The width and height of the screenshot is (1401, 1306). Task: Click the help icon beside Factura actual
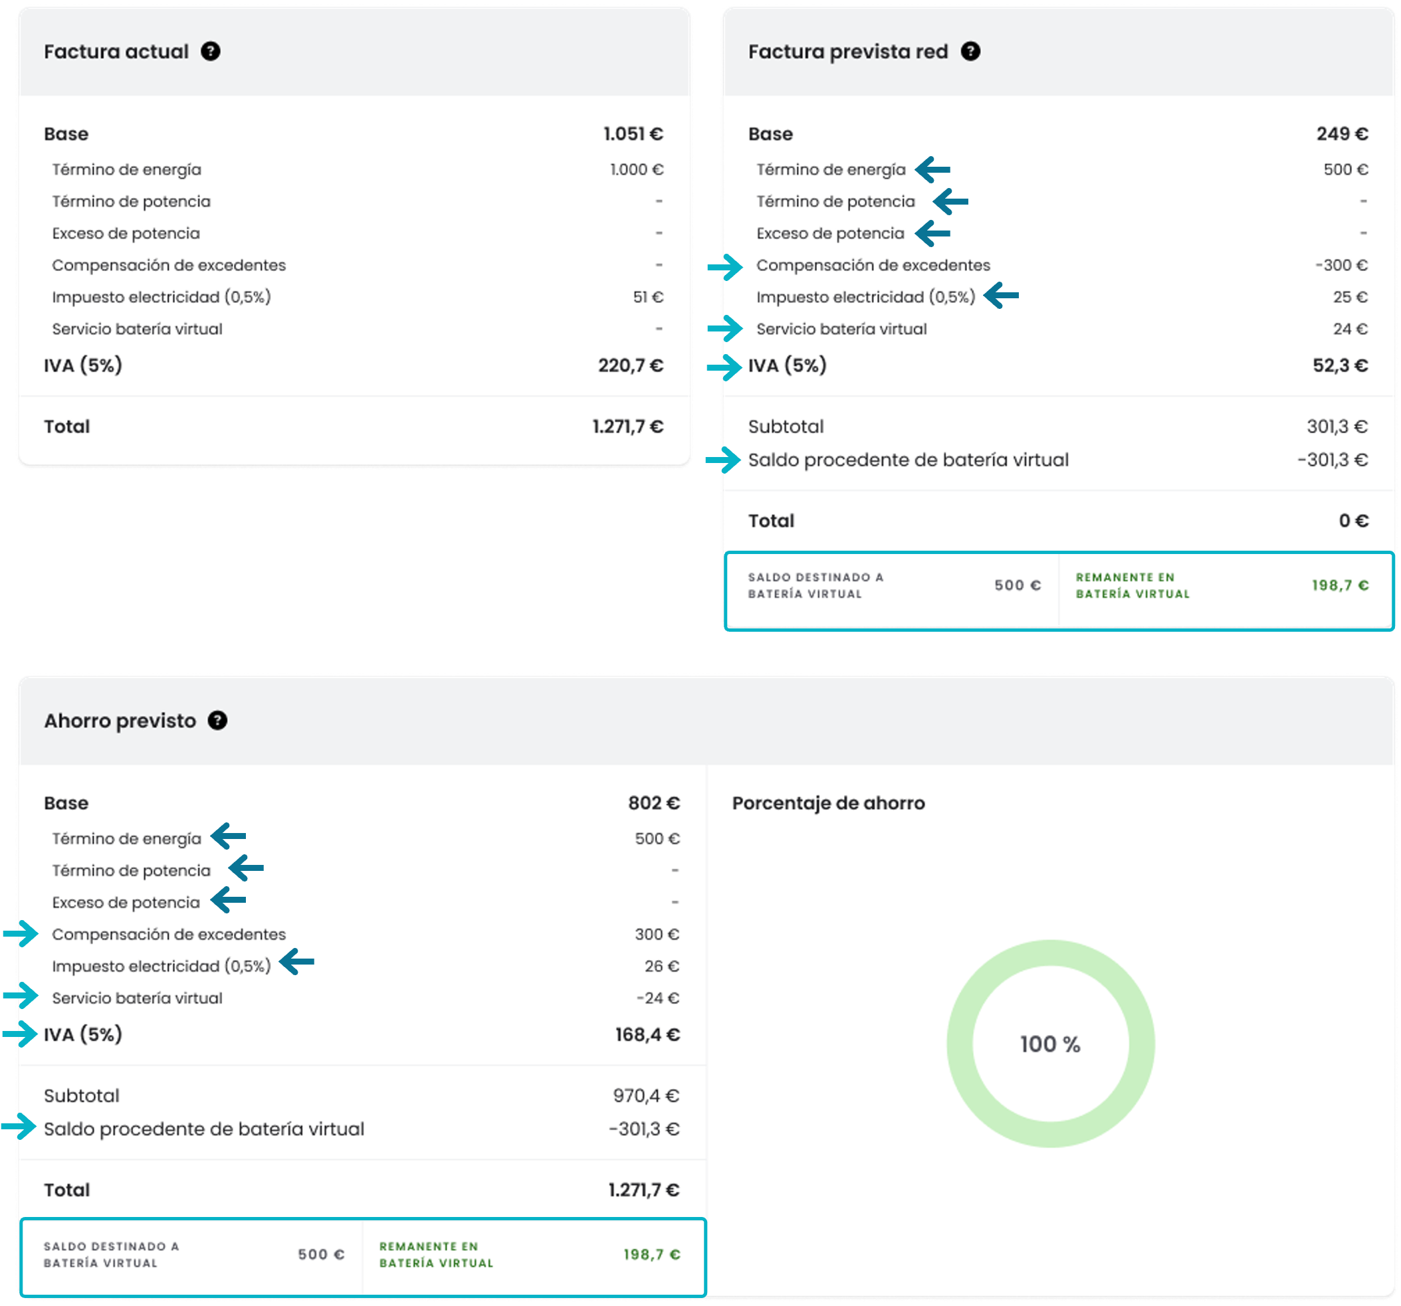point(210,51)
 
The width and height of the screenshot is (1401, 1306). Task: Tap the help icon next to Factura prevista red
point(970,51)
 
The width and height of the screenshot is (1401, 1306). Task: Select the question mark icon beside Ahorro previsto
point(217,721)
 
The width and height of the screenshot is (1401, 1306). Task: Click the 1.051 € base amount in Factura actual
point(633,134)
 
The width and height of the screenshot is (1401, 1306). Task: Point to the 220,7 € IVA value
point(631,365)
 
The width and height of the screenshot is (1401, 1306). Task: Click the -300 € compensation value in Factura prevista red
point(1341,266)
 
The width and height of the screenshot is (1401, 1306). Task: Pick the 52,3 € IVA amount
point(1341,365)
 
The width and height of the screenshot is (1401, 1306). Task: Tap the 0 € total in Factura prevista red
point(1354,521)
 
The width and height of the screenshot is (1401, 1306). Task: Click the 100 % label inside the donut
point(1050,1044)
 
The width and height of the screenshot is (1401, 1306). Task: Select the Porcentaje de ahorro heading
point(828,803)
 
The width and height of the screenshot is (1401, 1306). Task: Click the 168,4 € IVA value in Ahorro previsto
point(647,1035)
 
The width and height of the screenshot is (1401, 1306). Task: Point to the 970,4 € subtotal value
point(646,1096)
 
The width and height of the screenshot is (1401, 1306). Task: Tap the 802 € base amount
point(654,803)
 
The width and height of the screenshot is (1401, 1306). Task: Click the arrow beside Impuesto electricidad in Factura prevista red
point(1002,295)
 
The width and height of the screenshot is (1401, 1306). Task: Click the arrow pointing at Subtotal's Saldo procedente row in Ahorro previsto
point(19,1127)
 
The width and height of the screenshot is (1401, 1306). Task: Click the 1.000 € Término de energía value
point(637,170)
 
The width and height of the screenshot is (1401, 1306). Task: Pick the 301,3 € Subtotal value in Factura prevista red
point(1337,427)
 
